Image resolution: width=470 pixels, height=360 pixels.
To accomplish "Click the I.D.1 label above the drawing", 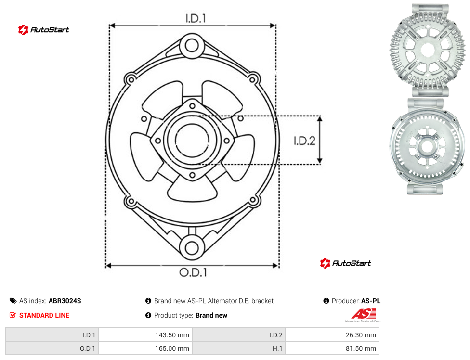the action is [x=196, y=19].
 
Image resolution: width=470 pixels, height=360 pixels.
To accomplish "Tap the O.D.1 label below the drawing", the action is [x=193, y=272].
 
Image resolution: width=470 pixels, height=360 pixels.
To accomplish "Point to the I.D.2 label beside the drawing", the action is [x=304, y=141].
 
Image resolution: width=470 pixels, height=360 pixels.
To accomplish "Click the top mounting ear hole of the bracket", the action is [x=192, y=46].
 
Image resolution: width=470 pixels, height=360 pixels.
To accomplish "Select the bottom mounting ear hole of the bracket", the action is [x=192, y=247].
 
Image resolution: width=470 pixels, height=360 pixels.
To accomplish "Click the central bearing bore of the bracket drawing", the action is [x=192, y=140].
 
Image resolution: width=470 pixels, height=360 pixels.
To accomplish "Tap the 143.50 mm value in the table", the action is [x=172, y=335].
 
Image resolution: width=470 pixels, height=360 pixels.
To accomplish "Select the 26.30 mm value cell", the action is [x=332, y=335].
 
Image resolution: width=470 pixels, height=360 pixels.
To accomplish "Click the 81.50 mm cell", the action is [x=332, y=348].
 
